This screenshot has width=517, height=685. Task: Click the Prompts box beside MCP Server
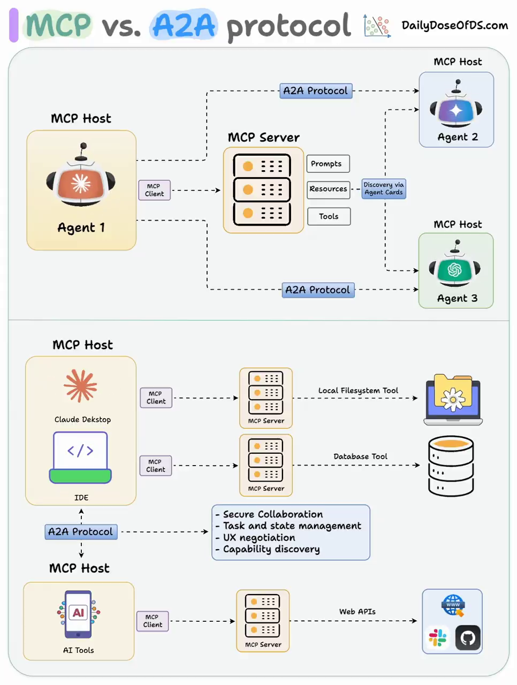(x=328, y=164)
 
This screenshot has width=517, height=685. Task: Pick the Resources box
(x=328, y=189)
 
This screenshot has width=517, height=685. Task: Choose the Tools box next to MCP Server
(x=329, y=216)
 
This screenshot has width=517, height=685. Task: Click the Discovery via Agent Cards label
(x=384, y=188)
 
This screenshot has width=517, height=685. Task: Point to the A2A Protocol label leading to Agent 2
(x=316, y=91)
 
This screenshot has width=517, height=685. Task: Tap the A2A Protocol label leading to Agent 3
(x=318, y=290)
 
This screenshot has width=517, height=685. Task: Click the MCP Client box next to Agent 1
(x=154, y=190)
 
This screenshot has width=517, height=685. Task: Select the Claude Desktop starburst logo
(x=81, y=386)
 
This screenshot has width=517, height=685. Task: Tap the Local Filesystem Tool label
(x=358, y=391)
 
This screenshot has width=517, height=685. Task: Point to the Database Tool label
(x=360, y=456)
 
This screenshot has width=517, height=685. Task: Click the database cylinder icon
(x=451, y=466)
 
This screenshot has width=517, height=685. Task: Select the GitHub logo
(x=468, y=638)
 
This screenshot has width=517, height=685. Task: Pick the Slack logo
(x=438, y=638)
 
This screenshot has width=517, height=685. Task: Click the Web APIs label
(x=357, y=612)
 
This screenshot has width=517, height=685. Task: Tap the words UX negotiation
(x=259, y=538)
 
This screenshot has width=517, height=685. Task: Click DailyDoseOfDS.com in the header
(x=454, y=25)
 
